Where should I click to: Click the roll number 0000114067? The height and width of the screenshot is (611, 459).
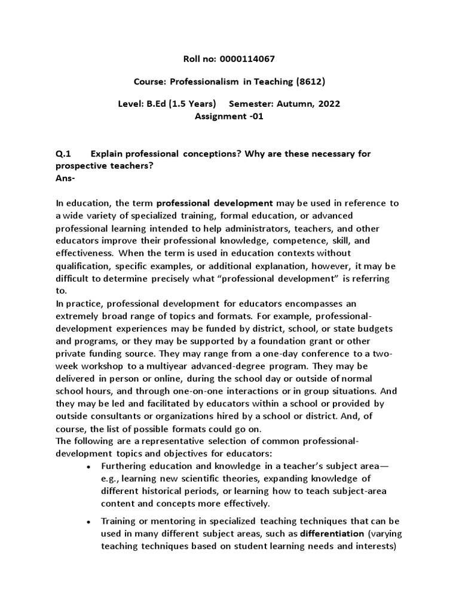pyautogui.click(x=246, y=58)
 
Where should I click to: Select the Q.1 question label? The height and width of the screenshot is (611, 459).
pyautogui.click(x=63, y=153)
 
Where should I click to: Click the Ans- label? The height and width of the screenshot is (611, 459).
pyautogui.click(x=65, y=178)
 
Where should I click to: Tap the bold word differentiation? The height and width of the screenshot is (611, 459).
pyautogui.click(x=333, y=533)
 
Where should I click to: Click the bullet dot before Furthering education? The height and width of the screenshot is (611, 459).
pyautogui.click(x=88, y=467)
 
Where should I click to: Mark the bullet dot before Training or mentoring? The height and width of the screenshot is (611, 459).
pyautogui.click(x=88, y=521)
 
